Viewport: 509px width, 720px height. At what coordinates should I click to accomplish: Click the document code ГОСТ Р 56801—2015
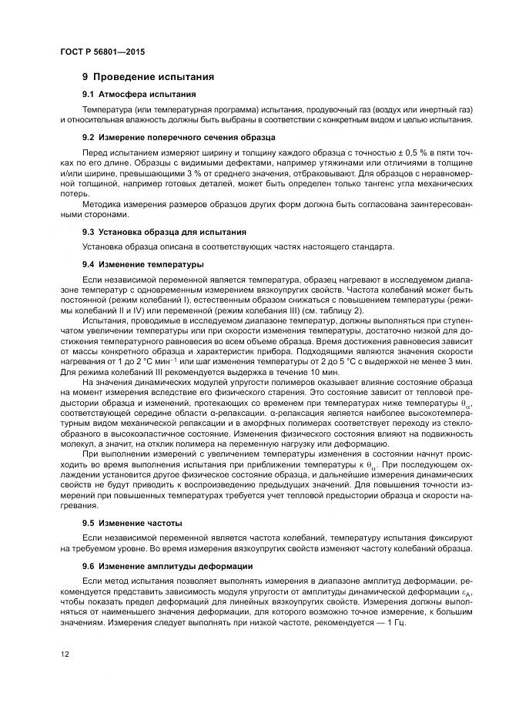tap(102, 52)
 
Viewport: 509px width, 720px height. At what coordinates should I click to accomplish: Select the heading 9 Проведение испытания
tap(148, 77)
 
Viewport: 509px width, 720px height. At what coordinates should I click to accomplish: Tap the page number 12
tap(64, 655)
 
